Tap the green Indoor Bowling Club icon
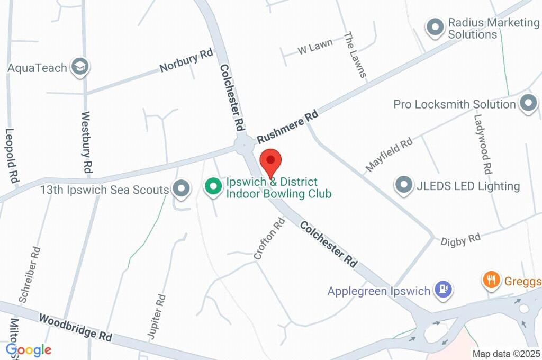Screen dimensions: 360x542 [213, 187]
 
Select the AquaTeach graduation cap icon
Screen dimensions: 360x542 [80, 67]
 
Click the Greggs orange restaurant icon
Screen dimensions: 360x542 [492, 280]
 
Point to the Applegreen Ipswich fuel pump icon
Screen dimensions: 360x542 [442, 290]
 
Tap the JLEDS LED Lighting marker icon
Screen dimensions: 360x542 [404, 186]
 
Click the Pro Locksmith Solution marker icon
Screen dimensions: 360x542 [528, 104]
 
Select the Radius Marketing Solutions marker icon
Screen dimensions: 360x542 [435, 28]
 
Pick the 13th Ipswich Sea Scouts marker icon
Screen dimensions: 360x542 [182, 189]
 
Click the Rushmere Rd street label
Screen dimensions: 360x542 [288, 127]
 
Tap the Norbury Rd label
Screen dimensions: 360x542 [186, 61]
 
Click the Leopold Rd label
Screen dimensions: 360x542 [12, 156]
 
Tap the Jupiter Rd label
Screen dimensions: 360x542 [155, 316]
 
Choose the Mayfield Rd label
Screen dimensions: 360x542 [389, 155]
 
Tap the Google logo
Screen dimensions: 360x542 [29, 350]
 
